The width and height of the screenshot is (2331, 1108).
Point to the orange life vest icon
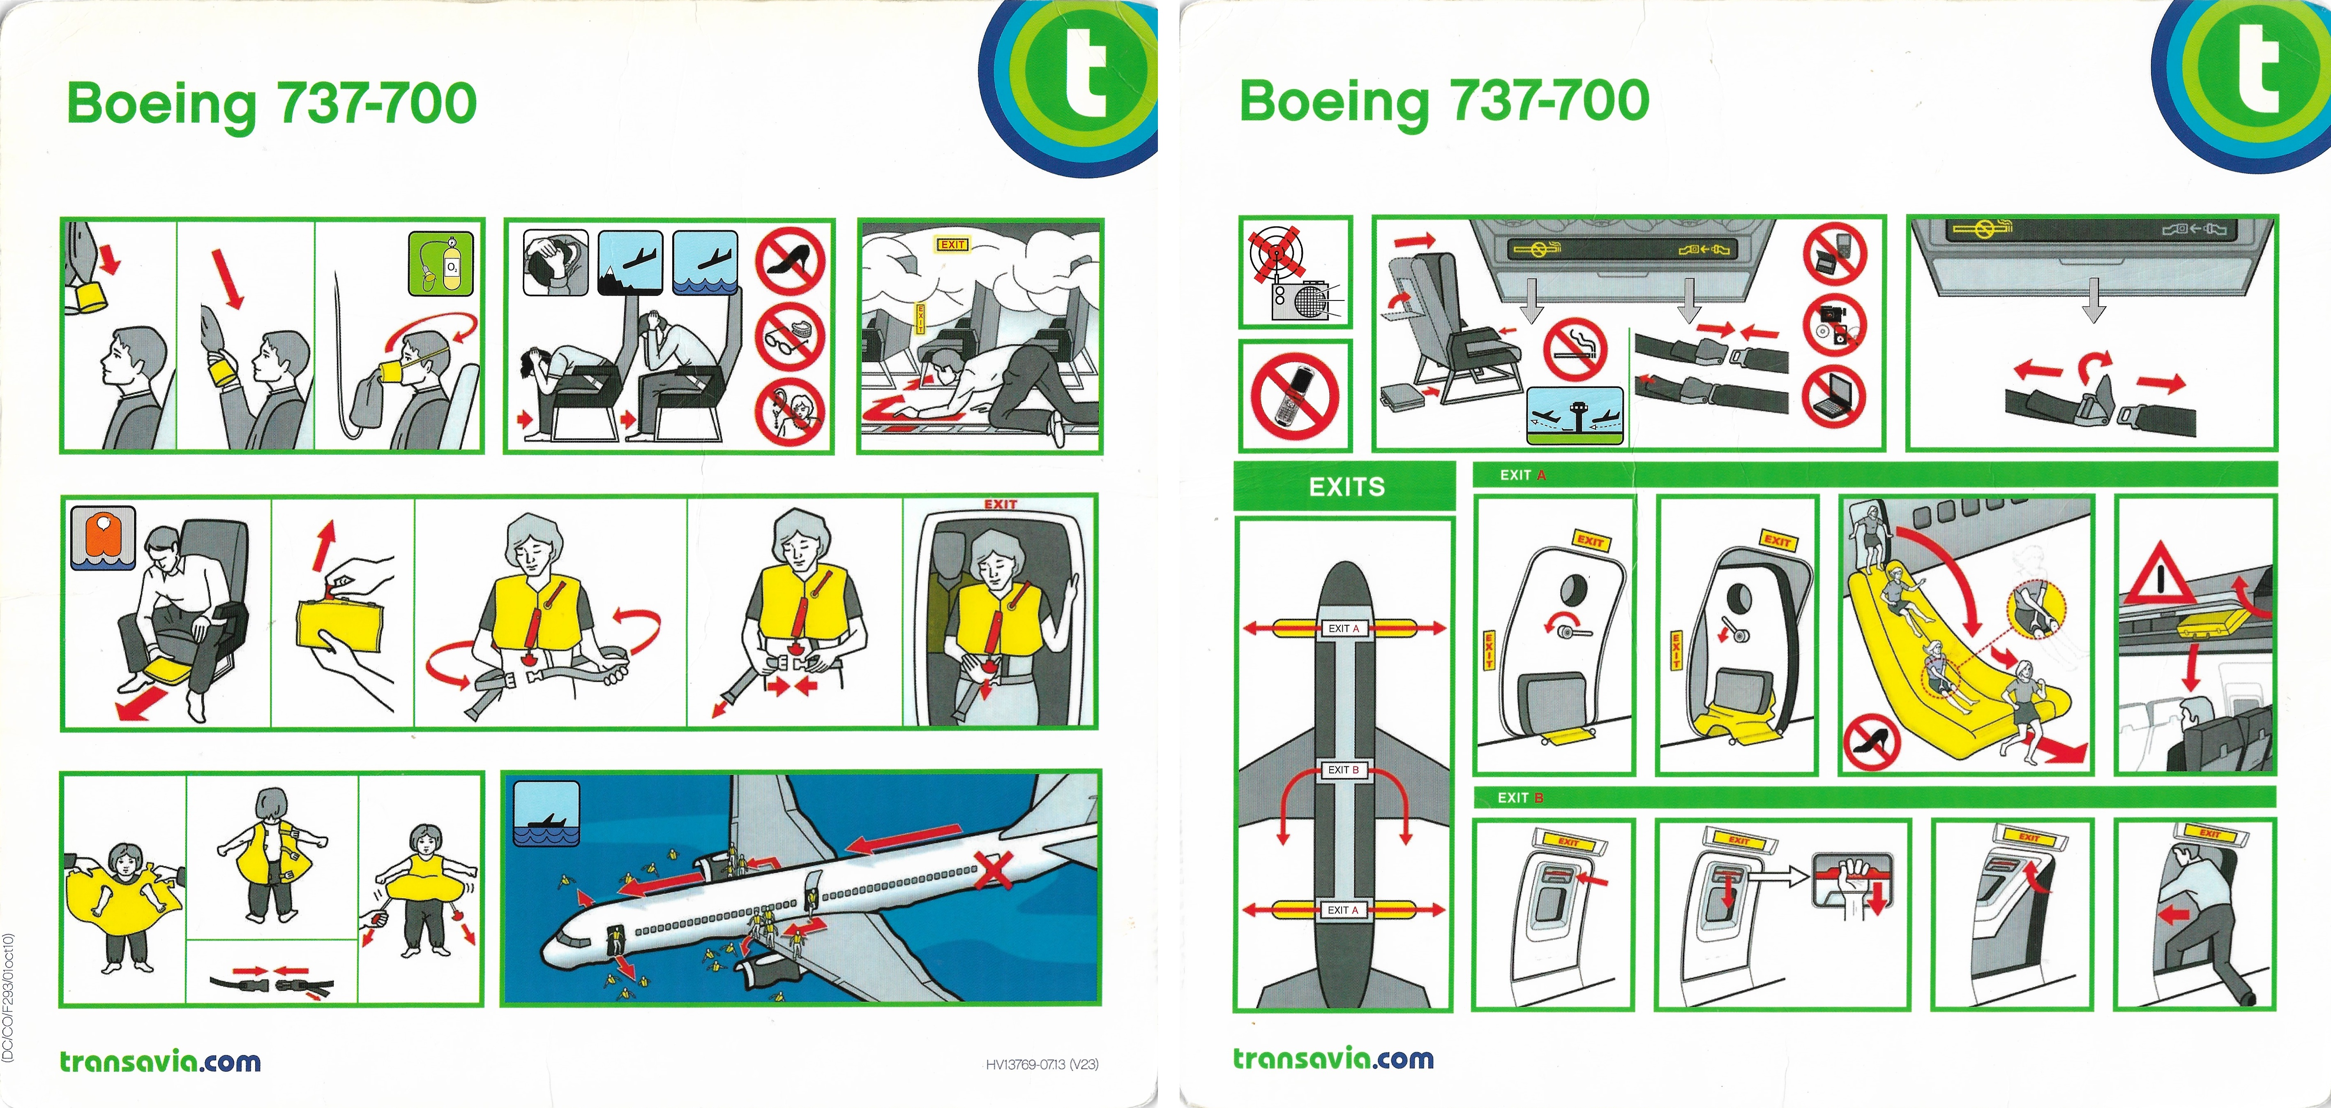pyautogui.click(x=103, y=537)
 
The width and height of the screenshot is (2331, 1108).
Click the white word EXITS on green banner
pyautogui.click(x=1346, y=487)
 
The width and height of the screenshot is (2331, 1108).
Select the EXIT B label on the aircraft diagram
pyautogui.click(x=1343, y=770)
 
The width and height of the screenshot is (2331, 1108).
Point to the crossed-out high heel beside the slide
pyautogui.click(x=1871, y=742)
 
